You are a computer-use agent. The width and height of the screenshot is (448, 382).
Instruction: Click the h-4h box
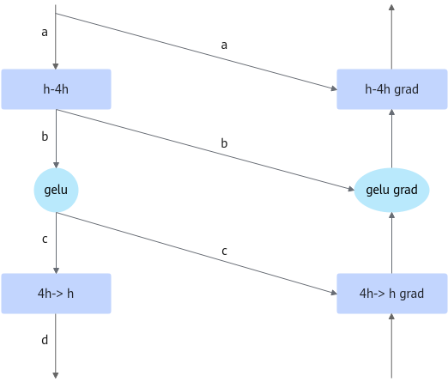56,89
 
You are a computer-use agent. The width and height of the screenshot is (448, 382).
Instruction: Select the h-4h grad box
392,89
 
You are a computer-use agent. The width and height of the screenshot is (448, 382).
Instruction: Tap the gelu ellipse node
56,190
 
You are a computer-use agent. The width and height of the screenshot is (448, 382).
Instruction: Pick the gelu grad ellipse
391,190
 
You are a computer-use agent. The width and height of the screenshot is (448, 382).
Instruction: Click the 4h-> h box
56,294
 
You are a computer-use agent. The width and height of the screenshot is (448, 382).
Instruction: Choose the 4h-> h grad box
392,294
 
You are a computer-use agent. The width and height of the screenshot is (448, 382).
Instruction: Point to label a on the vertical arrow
45,33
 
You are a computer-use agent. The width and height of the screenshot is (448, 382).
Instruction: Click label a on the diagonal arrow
224,45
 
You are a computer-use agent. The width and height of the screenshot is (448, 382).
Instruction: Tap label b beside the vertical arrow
45,136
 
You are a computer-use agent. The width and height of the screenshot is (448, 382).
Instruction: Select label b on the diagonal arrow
224,143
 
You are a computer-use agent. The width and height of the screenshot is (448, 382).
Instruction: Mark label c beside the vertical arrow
45,240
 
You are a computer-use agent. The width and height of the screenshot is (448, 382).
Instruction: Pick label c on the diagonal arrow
224,252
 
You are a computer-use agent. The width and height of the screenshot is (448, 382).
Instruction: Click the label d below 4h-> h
45,340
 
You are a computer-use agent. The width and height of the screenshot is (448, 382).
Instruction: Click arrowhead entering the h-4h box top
56,66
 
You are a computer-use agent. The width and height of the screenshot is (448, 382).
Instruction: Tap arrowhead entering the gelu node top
57,166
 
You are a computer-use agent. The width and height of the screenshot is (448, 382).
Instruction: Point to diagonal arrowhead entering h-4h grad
334,88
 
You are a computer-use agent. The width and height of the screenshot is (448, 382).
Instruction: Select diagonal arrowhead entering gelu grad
351,189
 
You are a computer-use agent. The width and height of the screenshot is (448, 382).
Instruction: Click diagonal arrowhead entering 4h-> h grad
334,293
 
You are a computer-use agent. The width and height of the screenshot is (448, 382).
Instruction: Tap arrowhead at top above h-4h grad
391,7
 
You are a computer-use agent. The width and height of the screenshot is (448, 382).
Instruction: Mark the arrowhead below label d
56,375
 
